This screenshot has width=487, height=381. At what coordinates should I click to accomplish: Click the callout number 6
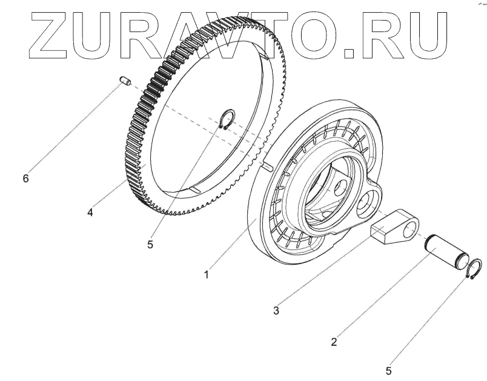coord(25,179)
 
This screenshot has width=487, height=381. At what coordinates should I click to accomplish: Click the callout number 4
coord(90,213)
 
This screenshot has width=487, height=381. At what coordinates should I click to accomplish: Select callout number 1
coord(207,274)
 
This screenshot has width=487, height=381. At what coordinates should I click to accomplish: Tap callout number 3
coord(276,311)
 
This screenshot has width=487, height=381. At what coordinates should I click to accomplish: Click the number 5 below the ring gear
coord(150,245)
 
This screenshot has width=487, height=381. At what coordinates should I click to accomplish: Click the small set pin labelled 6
coord(126,81)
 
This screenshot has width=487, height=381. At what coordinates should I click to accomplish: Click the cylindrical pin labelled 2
coord(449,250)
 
